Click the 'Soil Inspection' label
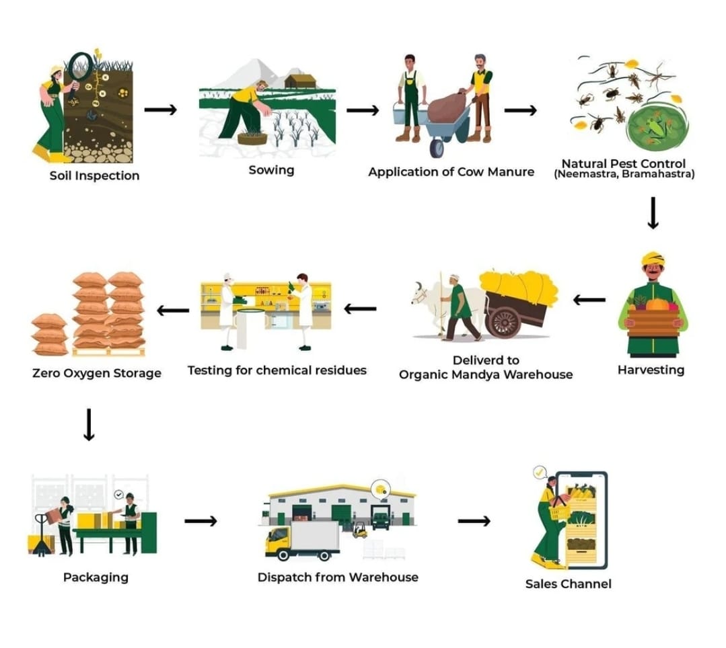click(94, 176)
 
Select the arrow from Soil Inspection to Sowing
click(160, 110)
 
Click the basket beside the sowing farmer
click(252, 138)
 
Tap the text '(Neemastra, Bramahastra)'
click(624, 175)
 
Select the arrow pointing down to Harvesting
click(653, 214)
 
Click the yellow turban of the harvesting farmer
click(653, 259)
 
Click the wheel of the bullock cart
click(503, 321)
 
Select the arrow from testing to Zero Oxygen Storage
click(173, 310)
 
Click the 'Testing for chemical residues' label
click(277, 370)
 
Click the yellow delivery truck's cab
click(279, 541)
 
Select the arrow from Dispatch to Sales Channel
click(474, 521)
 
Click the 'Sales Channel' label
click(568, 583)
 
